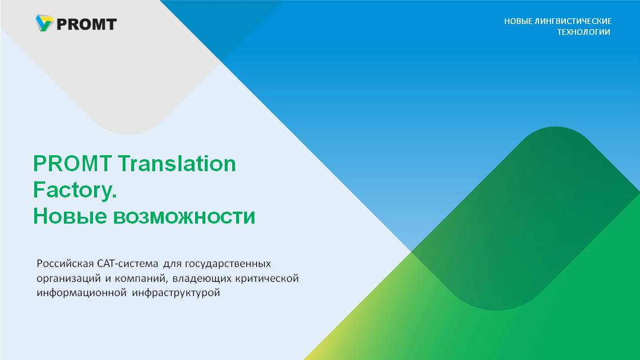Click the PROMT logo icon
tap(44, 23)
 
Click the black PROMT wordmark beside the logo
tap(87, 25)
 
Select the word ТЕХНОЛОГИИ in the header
tap(584, 32)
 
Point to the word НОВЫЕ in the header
tap(518, 21)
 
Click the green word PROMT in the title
tap(72, 164)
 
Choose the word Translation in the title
tap(177, 164)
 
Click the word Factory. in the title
tap(75, 190)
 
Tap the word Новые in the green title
tap(70, 216)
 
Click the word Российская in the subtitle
tap(65, 264)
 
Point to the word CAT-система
tap(127, 264)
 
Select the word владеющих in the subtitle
tap(202, 279)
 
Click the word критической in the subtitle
tap(267, 279)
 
